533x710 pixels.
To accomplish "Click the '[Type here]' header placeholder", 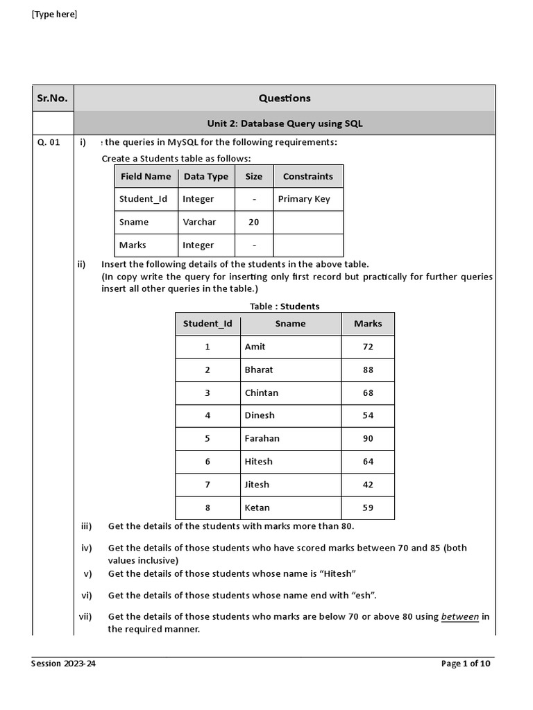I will pos(54,15).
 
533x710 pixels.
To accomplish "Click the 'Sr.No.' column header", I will pos(52,98).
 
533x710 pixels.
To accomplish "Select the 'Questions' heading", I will pos(285,98).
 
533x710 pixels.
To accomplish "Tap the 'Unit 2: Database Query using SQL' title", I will pos(285,123).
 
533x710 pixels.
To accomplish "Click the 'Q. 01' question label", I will pos(49,142).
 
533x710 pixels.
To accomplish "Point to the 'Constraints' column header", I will pos(307,176).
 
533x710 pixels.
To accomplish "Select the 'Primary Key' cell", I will pos(304,199).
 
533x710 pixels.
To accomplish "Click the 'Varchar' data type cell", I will pos(199,222).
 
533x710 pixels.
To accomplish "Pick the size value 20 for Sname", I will pos(254,222).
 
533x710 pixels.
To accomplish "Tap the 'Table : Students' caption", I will pos(285,306).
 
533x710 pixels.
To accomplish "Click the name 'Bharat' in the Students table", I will pos(259,370).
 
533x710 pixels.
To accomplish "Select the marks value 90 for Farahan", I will pos(368,438).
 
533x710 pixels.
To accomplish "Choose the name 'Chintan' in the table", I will pos(262,392).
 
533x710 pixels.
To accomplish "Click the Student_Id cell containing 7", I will pos(208,485).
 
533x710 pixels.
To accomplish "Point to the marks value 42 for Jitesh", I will pos(368,485).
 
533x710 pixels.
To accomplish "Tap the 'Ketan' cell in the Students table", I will pos(257,508).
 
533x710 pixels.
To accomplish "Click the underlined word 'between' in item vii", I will pos(460,616).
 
